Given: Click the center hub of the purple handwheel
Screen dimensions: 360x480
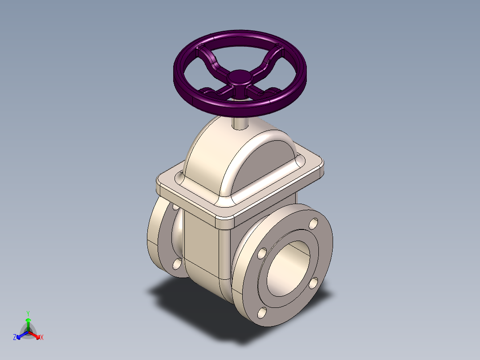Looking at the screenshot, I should (x=240, y=78).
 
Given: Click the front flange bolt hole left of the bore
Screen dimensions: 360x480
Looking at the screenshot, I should (x=261, y=254).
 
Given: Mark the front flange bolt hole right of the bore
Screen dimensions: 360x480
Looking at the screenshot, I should (x=314, y=282).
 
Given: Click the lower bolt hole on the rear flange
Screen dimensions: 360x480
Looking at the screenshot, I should (x=177, y=264).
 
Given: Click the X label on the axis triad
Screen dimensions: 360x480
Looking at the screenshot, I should (x=42, y=338).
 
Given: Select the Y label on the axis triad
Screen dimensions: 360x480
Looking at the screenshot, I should (x=28, y=313).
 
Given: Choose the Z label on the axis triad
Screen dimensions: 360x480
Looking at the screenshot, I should (x=15, y=338).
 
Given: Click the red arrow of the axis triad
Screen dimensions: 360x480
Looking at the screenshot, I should (x=36, y=335).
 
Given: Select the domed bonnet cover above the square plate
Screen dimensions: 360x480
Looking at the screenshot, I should (x=240, y=160).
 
